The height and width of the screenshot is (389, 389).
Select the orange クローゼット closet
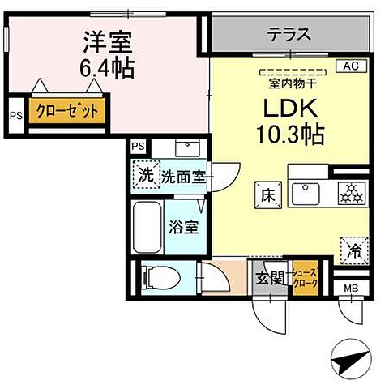pyautogui.click(x=68, y=110)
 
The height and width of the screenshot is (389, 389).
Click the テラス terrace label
pyautogui.click(x=289, y=34)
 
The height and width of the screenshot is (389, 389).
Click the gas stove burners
pyautogui.click(x=351, y=192)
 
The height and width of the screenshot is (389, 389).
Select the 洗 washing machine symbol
pyautogui.click(x=145, y=174)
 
